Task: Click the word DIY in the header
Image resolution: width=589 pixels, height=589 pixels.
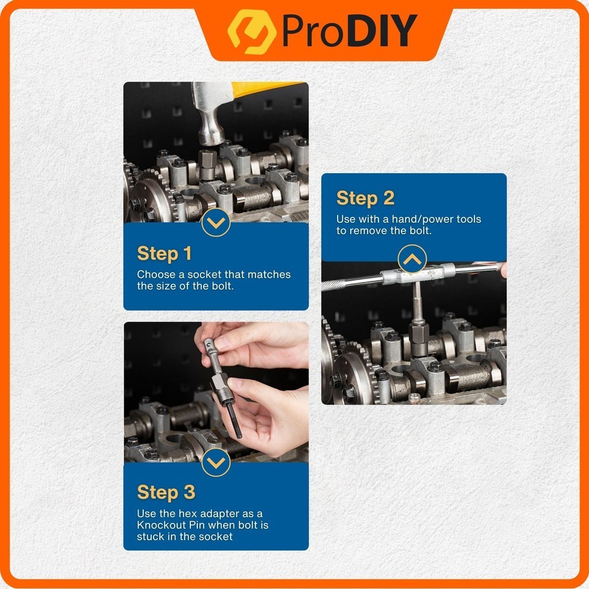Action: (382, 31)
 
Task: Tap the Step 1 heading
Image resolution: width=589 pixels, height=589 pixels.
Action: (164, 254)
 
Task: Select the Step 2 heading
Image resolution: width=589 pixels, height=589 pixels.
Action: (365, 198)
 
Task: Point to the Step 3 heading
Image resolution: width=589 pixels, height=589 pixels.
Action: (166, 493)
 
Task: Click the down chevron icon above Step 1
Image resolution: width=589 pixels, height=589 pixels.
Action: (216, 223)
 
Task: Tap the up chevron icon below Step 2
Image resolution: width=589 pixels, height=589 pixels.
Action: (412, 259)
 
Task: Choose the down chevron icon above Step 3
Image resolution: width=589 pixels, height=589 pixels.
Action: (216, 462)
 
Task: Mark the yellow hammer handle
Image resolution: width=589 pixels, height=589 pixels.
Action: (265, 89)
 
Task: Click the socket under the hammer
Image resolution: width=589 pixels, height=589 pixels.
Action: (207, 165)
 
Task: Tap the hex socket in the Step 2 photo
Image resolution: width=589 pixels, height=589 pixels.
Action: (419, 339)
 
